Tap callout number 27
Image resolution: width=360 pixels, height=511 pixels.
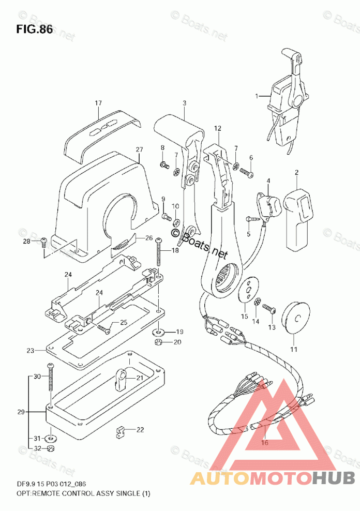[x=139, y=150]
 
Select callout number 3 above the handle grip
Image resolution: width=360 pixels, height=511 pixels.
[x=184, y=103]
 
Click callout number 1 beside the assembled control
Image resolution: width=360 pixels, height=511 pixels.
[x=257, y=96]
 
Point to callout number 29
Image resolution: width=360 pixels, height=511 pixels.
[x=20, y=412]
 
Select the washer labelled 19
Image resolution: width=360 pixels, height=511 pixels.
[x=158, y=331]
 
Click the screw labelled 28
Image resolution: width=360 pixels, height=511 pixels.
[x=43, y=241]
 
